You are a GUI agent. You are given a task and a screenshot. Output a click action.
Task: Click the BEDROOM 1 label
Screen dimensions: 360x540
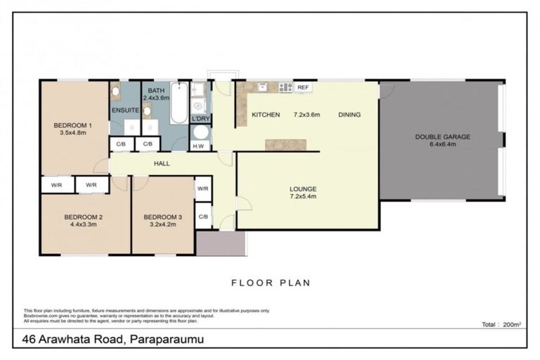click(72, 126)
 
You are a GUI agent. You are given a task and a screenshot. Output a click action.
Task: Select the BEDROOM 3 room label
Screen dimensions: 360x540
click(162, 217)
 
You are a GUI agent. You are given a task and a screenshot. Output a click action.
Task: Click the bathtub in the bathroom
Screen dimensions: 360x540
click(179, 103)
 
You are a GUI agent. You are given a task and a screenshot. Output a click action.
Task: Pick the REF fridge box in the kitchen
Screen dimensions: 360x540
click(303, 87)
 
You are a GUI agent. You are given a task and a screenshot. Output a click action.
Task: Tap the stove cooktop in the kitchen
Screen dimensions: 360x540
click(285, 88)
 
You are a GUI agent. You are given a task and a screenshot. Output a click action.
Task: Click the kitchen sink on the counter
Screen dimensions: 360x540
click(262, 87)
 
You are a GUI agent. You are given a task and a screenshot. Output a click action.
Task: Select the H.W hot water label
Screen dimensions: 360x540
click(199, 146)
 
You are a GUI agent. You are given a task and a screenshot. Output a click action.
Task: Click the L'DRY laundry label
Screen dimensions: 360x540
click(201, 118)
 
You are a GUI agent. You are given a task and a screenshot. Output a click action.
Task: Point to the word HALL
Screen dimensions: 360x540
click(162, 163)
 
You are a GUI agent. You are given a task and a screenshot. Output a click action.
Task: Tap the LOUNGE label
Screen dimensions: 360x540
click(303, 188)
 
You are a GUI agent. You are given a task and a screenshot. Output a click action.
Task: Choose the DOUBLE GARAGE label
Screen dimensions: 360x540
click(442, 136)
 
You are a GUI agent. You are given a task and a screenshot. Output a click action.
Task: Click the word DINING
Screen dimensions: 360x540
click(349, 115)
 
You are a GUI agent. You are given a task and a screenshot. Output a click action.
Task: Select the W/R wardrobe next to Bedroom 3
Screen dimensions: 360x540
click(202, 188)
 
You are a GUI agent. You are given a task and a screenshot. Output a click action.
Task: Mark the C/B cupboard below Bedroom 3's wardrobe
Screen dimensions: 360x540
click(202, 216)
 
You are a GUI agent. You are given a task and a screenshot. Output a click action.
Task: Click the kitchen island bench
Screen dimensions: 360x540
click(285, 143)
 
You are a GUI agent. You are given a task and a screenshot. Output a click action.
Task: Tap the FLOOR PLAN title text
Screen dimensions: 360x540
click(271, 283)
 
